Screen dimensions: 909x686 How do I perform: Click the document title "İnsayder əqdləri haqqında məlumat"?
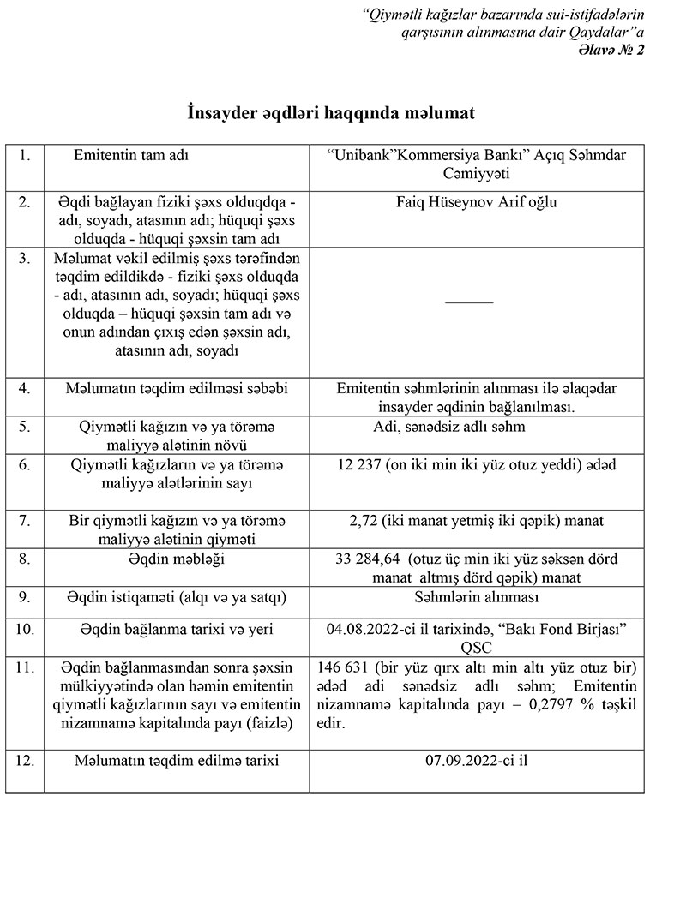tap(331, 113)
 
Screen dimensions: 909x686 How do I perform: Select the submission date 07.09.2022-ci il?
tap(476, 760)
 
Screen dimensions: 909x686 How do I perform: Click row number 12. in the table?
tap(27, 760)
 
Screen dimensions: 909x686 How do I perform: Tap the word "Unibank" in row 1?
tap(361, 157)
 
